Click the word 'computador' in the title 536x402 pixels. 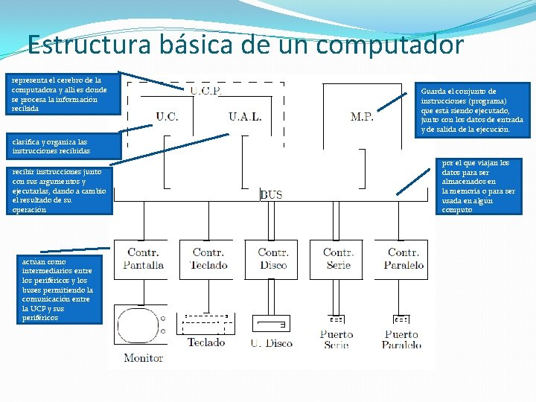click(x=390, y=45)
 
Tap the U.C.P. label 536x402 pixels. click(x=205, y=91)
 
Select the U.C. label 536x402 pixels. click(x=167, y=116)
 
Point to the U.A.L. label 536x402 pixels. click(x=246, y=116)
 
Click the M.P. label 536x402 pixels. click(x=362, y=116)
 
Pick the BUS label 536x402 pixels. click(x=271, y=195)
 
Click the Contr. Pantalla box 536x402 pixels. click(x=142, y=259)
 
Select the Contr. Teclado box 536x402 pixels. click(x=208, y=259)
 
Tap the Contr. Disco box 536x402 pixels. click(x=272, y=259)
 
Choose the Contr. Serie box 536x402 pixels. click(x=338, y=259)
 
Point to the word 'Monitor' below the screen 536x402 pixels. click(x=143, y=358)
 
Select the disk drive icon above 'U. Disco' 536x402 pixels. click(x=271, y=324)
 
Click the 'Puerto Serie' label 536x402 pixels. click(x=336, y=339)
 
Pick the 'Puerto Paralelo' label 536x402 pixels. click(x=402, y=339)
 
